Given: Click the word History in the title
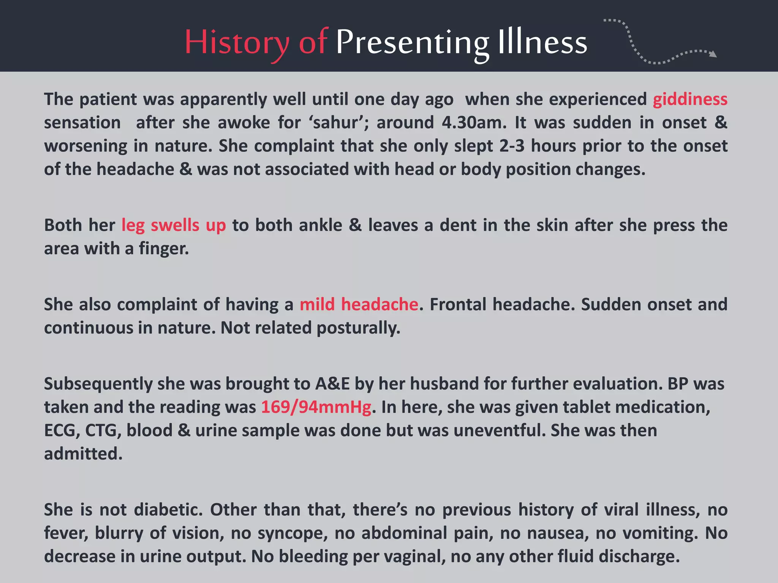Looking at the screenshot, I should point(236,43).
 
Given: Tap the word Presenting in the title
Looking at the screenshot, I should point(412,43).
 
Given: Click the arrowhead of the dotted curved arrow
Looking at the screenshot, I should point(713,54).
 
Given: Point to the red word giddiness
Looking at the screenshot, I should point(690,99).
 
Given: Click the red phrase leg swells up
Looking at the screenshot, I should point(174,225).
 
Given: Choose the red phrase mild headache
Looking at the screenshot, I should point(359,304).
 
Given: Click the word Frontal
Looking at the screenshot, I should point(458,304).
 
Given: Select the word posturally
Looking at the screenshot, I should point(358,328).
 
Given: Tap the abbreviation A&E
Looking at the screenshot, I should point(332,384).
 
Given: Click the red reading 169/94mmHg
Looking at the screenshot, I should point(316,407).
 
